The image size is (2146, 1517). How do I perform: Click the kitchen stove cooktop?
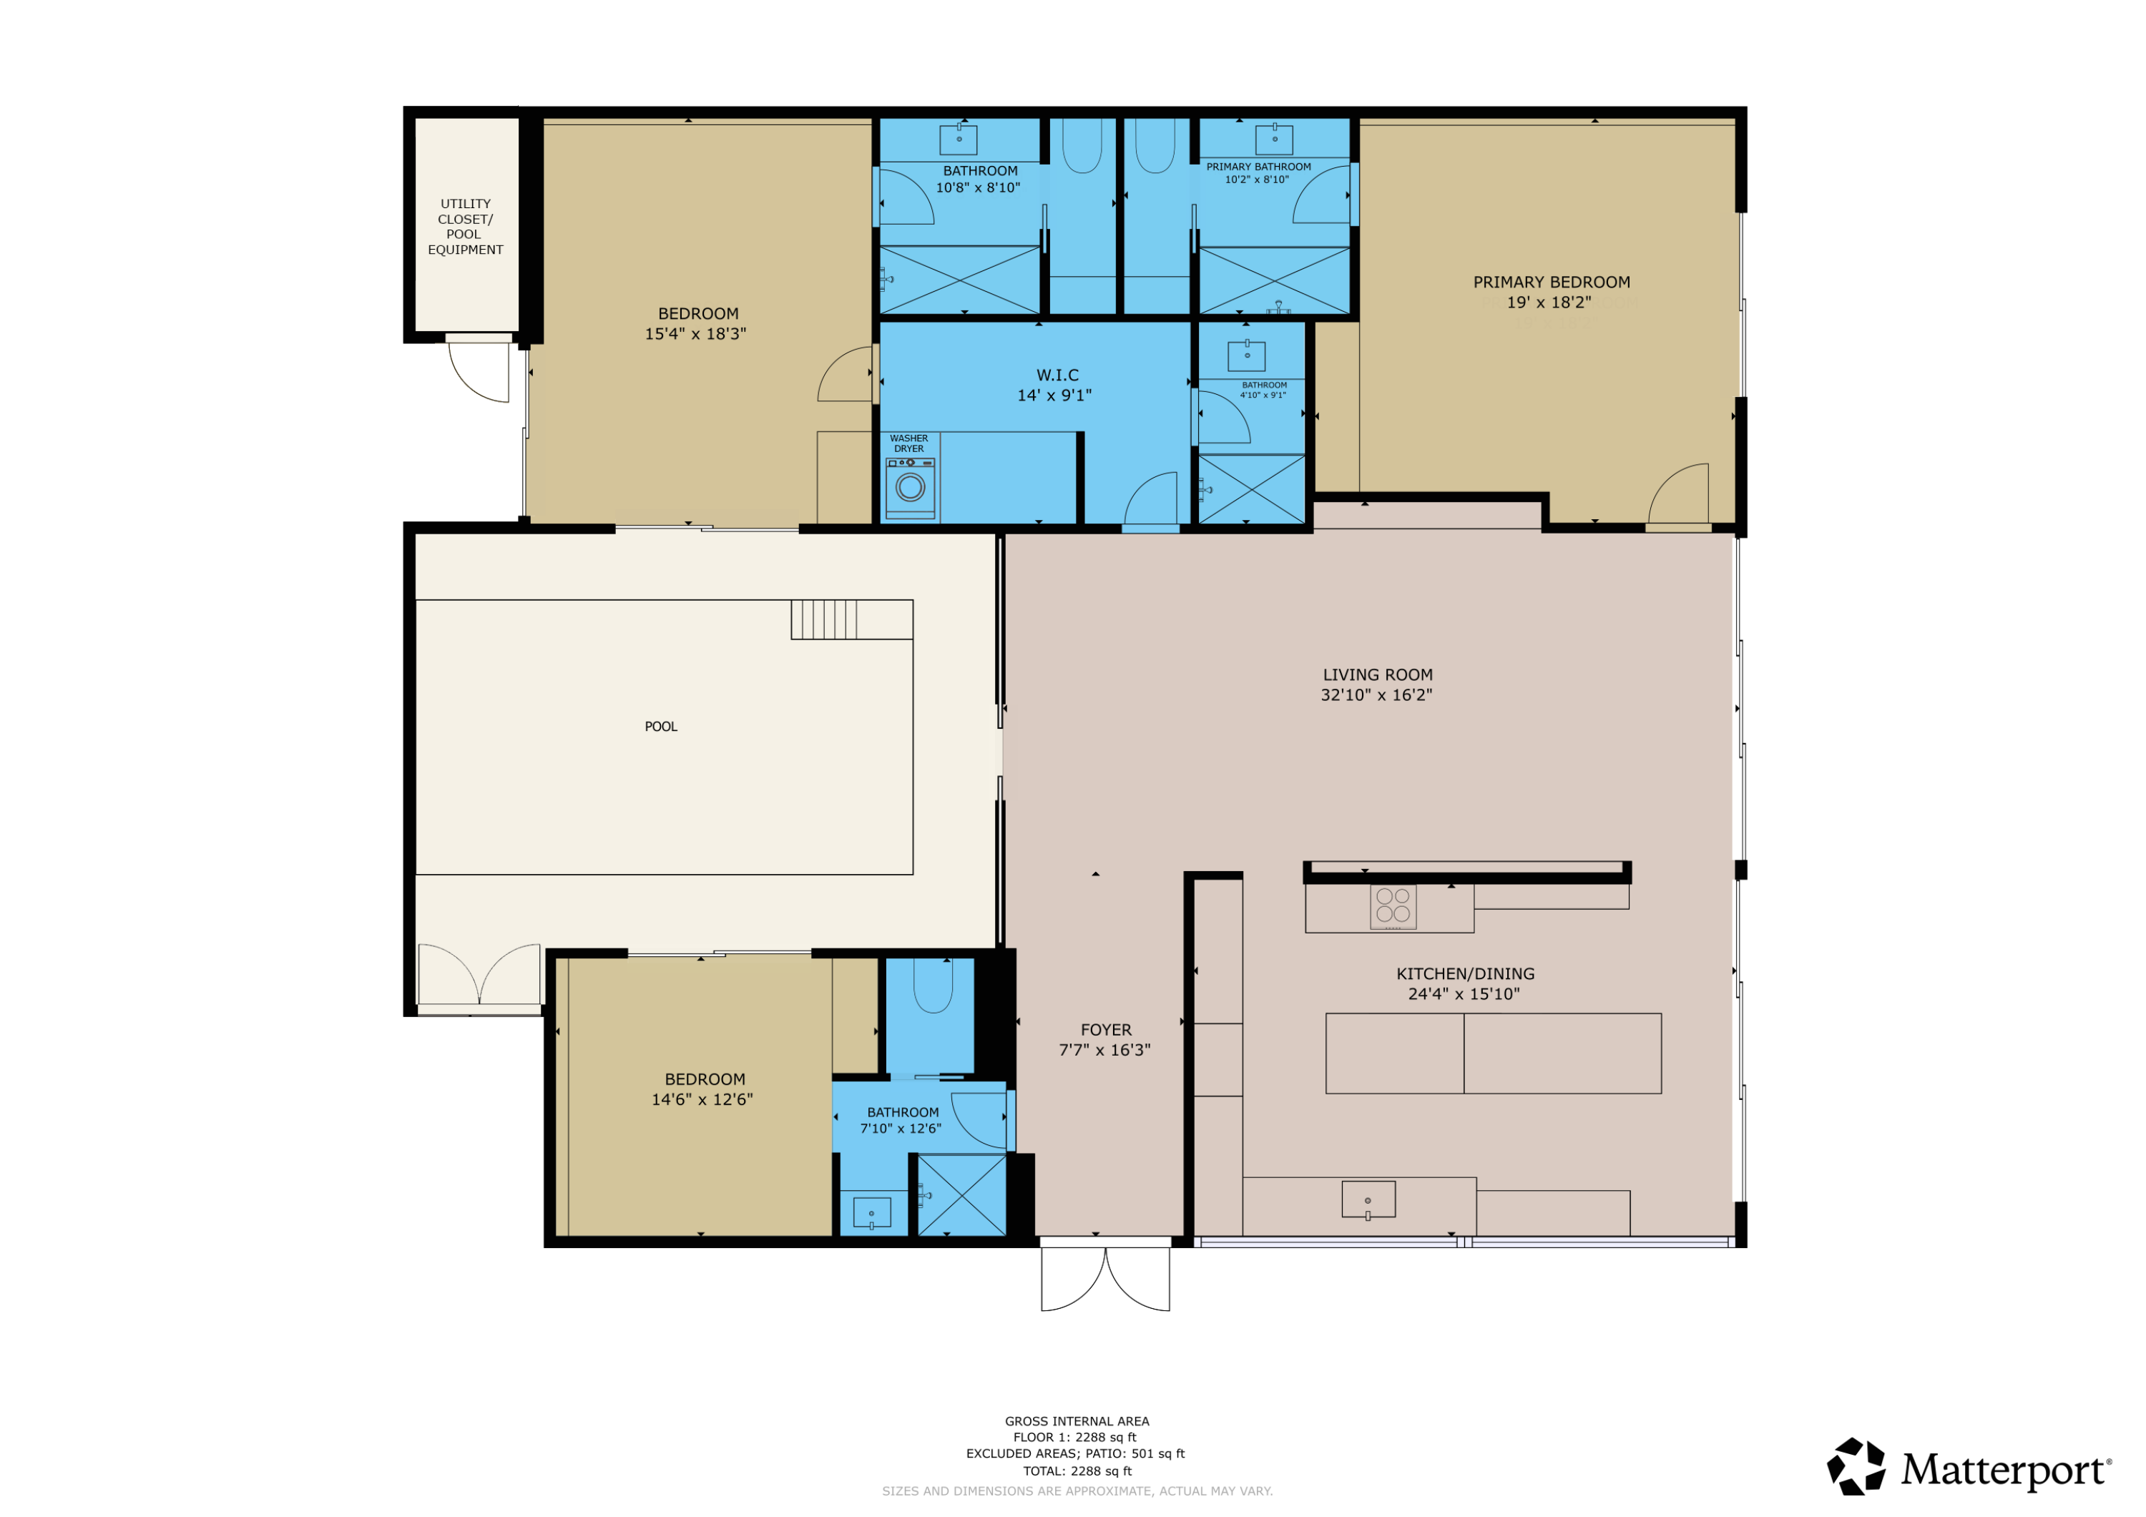point(1393,905)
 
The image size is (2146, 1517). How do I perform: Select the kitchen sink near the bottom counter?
point(1368,1199)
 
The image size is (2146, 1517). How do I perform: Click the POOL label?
point(661,726)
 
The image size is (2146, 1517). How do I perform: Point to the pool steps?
point(823,619)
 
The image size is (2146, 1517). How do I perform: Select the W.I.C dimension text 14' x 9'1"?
point(1054,396)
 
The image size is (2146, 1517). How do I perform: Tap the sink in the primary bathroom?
point(1274,139)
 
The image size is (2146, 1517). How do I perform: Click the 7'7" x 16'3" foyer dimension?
point(1104,1050)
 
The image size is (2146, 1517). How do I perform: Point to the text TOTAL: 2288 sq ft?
point(1077,1471)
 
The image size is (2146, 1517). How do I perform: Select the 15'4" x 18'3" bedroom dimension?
point(695,334)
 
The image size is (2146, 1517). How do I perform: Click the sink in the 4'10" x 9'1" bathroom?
point(1246,356)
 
